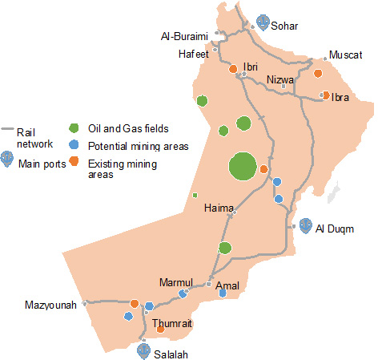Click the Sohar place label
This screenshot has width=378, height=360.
[285, 26]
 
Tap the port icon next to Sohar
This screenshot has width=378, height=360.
[263, 22]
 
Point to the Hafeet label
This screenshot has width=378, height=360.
[193, 55]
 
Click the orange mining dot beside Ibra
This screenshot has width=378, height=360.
[326, 95]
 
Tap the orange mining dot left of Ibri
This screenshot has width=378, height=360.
[233, 70]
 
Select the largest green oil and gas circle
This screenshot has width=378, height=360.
[242, 168]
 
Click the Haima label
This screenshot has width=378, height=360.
[219, 208]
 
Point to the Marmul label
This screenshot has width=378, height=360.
[176, 282]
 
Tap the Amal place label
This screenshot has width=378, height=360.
[227, 285]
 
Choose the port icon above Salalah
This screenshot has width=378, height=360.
[143, 349]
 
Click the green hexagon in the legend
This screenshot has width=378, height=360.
[74, 128]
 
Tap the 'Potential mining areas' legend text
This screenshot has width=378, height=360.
[138, 146]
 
